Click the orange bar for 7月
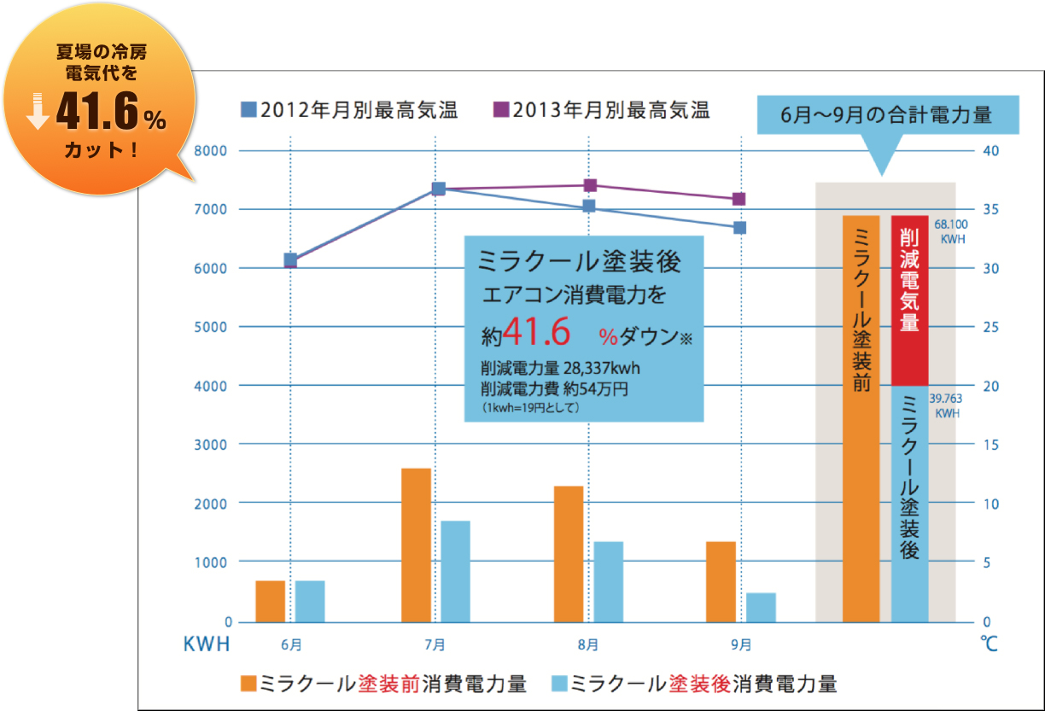click(416, 545)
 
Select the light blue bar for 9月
click(761, 607)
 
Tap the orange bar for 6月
click(270, 601)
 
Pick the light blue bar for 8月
click(609, 581)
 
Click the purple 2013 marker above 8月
click(590, 185)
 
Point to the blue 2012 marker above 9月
click(740, 228)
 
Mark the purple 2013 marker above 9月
click(739, 199)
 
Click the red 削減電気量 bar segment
click(909, 300)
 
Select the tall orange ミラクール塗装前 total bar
click(861, 418)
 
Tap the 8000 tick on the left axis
click(209, 151)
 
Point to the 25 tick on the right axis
click(987, 328)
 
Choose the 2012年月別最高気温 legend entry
click(350, 110)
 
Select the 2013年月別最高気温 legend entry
click(602, 110)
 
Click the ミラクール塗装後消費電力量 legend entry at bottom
click(695, 684)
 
